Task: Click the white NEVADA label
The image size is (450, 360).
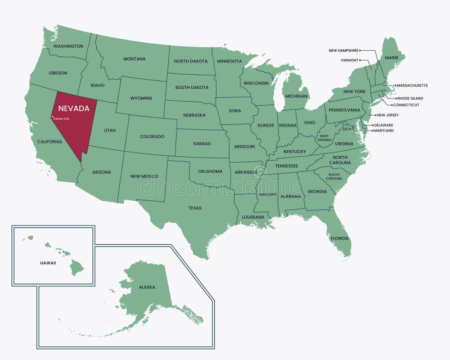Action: click(74, 108)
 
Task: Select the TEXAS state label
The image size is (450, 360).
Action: click(195, 208)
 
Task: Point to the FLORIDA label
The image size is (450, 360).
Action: click(339, 238)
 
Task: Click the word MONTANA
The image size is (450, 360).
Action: click(134, 59)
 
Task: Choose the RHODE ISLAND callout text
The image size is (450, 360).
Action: click(410, 98)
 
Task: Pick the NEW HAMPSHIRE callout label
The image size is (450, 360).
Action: click(343, 51)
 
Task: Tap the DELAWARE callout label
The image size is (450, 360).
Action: click(383, 125)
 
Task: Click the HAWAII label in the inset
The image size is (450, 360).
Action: click(48, 263)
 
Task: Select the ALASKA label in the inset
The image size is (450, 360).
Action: click(147, 287)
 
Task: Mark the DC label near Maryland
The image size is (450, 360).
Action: click(346, 129)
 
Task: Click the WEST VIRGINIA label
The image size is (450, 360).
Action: click(325, 137)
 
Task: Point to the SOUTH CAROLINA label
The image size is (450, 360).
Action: click(334, 175)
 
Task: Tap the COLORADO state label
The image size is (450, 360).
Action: click(152, 137)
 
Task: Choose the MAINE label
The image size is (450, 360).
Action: click(391, 57)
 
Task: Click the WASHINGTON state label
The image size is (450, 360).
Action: click(69, 46)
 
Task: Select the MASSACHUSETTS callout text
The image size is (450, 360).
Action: click(412, 85)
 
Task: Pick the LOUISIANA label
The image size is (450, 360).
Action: click(253, 217)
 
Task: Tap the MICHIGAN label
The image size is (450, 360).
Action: click(296, 96)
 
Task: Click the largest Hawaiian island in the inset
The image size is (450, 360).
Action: click(76, 268)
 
